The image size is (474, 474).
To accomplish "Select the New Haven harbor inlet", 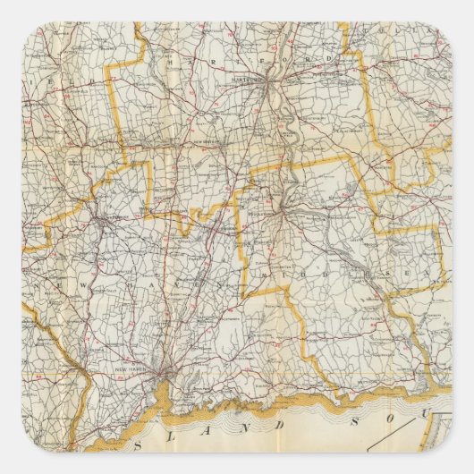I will point(165,379).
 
